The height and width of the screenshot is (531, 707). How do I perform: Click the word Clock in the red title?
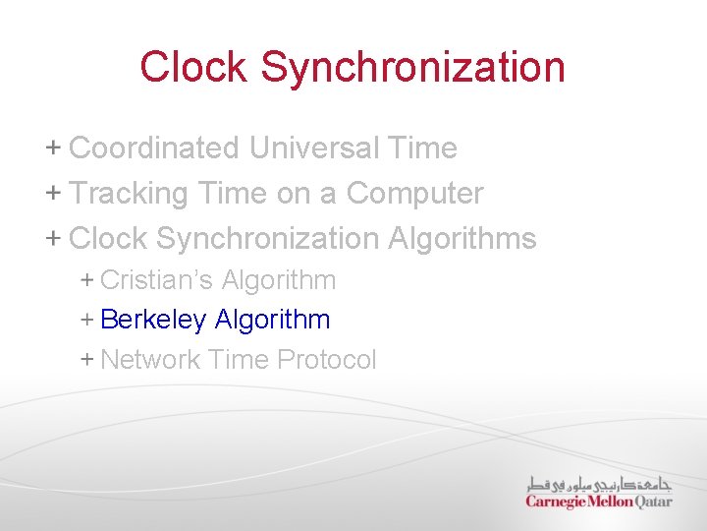[x=194, y=67]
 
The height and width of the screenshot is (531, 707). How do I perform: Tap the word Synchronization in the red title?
[x=412, y=67]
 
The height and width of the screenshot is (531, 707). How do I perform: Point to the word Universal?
[x=312, y=148]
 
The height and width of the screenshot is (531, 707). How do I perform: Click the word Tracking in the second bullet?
[x=129, y=194]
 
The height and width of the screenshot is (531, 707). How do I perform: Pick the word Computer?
[x=414, y=194]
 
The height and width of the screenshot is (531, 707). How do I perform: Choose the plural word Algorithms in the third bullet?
[x=462, y=239]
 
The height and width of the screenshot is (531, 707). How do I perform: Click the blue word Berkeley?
[x=153, y=320]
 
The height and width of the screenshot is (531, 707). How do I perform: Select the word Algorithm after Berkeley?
[x=272, y=320]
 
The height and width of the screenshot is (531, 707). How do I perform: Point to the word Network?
[x=150, y=360]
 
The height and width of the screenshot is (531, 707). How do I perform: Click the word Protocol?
[x=327, y=360]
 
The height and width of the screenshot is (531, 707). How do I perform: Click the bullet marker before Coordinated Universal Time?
[x=53, y=148]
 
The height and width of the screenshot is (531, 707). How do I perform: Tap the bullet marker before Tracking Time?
[x=53, y=194]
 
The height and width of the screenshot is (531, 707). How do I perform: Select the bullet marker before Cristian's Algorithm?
[x=87, y=280]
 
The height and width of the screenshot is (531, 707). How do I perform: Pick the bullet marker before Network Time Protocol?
[x=87, y=360]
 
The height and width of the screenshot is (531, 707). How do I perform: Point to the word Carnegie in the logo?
[x=556, y=501]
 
